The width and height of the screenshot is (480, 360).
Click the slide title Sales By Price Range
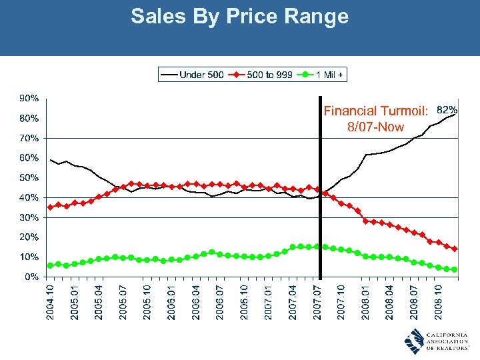[x=239, y=16]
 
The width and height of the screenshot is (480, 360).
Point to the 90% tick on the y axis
[x=29, y=98]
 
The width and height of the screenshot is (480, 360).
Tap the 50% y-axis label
[x=29, y=177]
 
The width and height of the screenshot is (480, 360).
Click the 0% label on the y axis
[x=31, y=276]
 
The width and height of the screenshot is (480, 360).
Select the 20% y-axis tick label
[x=29, y=237]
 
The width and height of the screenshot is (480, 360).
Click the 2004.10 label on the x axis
[x=50, y=301]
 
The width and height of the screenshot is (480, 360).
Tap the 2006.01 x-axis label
[x=171, y=301]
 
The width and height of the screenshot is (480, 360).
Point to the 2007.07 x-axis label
[x=317, y=301]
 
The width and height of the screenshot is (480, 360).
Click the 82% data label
[x=446, y=109]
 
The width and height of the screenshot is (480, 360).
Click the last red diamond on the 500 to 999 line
[x=455, y=249]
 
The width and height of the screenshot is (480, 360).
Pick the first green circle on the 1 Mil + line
[x=51, y=265]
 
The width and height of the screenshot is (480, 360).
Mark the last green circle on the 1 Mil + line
[x=455, y=269]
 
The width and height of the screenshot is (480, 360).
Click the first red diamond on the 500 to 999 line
[x=51, y=207]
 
